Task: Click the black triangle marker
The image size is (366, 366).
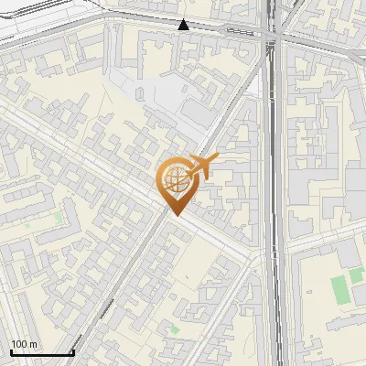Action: pyautogui.click(x=184, y=25)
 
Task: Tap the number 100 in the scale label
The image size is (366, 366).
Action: pyautogui.click(x=19, y=344)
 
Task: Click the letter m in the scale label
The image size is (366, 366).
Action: pyautogui.click(x=33, y=344)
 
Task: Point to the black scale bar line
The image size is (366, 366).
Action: pyautogui.click(x=42, y=353)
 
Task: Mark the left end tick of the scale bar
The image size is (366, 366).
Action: pyautogui.click(x=11, y=351)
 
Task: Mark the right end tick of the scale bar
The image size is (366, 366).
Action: pyautogui.click(x=73, y=351)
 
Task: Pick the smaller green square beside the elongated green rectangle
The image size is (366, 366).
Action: pyautogui.click(x=355, y=276)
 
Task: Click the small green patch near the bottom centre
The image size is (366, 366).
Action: pyautogui.click(x=174, y=328)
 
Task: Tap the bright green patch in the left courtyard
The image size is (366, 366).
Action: pyautogui.click(x=60, y=220)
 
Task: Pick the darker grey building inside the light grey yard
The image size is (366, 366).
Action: pyautogui.click(x=197, y=112)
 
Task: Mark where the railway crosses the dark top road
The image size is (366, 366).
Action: pyautogui.click(x=271, y=35)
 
